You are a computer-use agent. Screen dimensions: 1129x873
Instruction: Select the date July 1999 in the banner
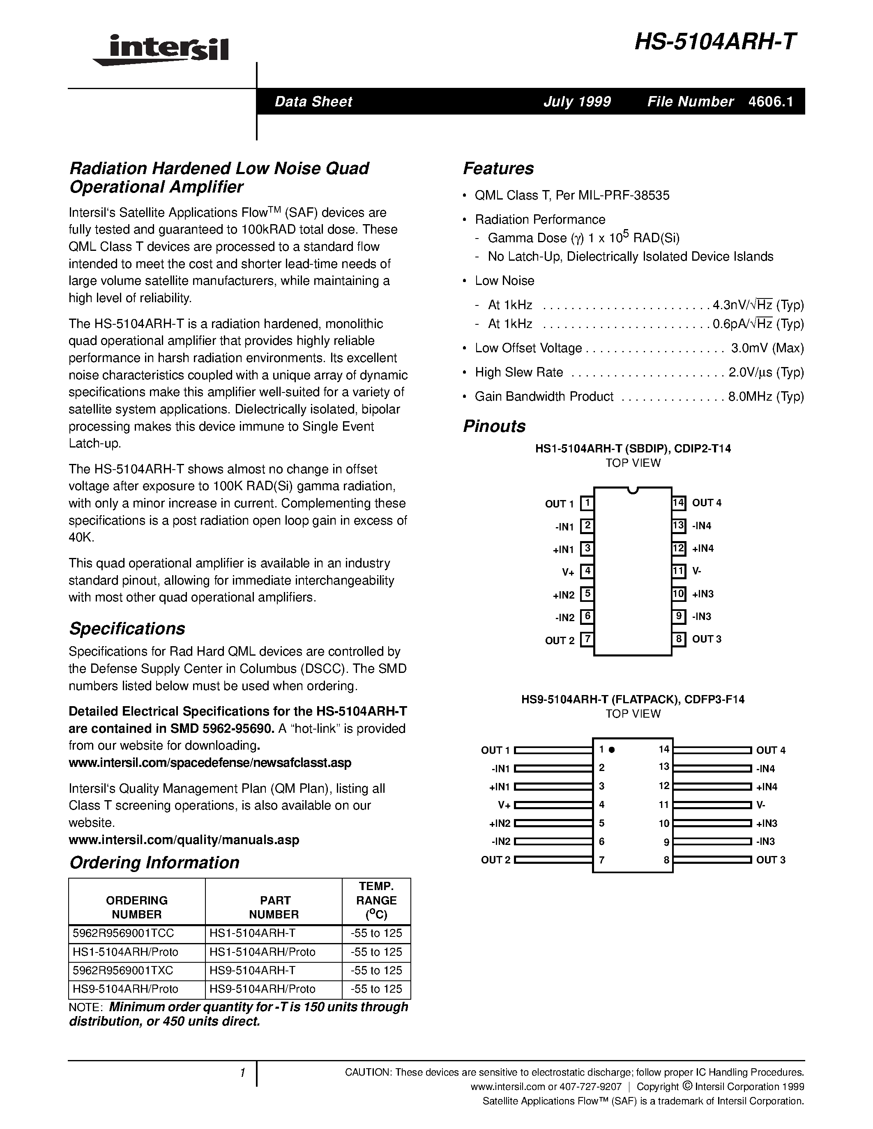click(577, 101)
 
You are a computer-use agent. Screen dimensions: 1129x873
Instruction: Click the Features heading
click(498, 168)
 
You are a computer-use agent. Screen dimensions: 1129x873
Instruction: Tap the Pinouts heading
click(494, 426)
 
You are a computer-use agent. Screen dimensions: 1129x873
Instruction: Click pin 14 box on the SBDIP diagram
click(679, 503)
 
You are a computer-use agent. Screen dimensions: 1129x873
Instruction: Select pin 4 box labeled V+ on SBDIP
click(587, 571)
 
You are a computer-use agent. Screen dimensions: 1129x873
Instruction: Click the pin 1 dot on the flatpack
click(611, 750)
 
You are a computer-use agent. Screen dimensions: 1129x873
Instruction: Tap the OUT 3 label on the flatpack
click(771, 860)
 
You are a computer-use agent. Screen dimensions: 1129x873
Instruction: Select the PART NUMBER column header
click(274, 907)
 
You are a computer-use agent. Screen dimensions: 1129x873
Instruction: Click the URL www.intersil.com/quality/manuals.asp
click(184, 840)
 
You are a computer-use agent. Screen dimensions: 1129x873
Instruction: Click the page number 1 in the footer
click(242, 1073)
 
